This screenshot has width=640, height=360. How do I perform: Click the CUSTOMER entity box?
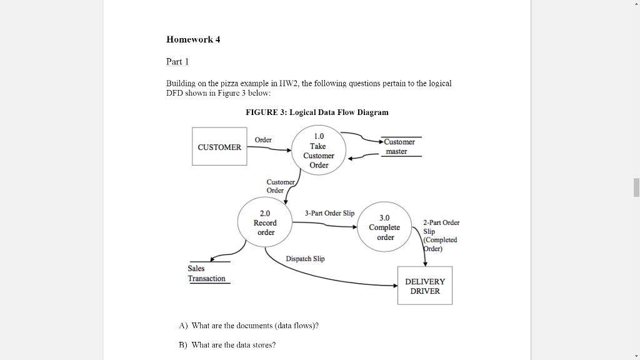[219, 147]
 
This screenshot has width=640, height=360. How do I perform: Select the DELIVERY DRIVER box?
[425, 286]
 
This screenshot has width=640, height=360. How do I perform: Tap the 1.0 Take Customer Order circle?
[319, 151]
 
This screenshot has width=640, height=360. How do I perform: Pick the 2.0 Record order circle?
[265, 223]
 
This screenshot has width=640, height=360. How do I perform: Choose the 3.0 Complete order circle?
[385, 227]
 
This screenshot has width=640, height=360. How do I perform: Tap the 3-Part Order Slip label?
[329, 213]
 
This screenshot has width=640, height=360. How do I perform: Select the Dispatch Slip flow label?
[305, 259]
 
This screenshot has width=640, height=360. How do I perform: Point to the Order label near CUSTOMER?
[263, 140]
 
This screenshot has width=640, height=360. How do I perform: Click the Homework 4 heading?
[193, 39]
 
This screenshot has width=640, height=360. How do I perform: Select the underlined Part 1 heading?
[177, 61]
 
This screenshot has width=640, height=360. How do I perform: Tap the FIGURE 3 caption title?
[317, 112]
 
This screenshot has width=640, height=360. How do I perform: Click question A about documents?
[249, 326]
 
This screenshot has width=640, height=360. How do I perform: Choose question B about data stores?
[227, 345]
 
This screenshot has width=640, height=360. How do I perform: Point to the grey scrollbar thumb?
[636, 187]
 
